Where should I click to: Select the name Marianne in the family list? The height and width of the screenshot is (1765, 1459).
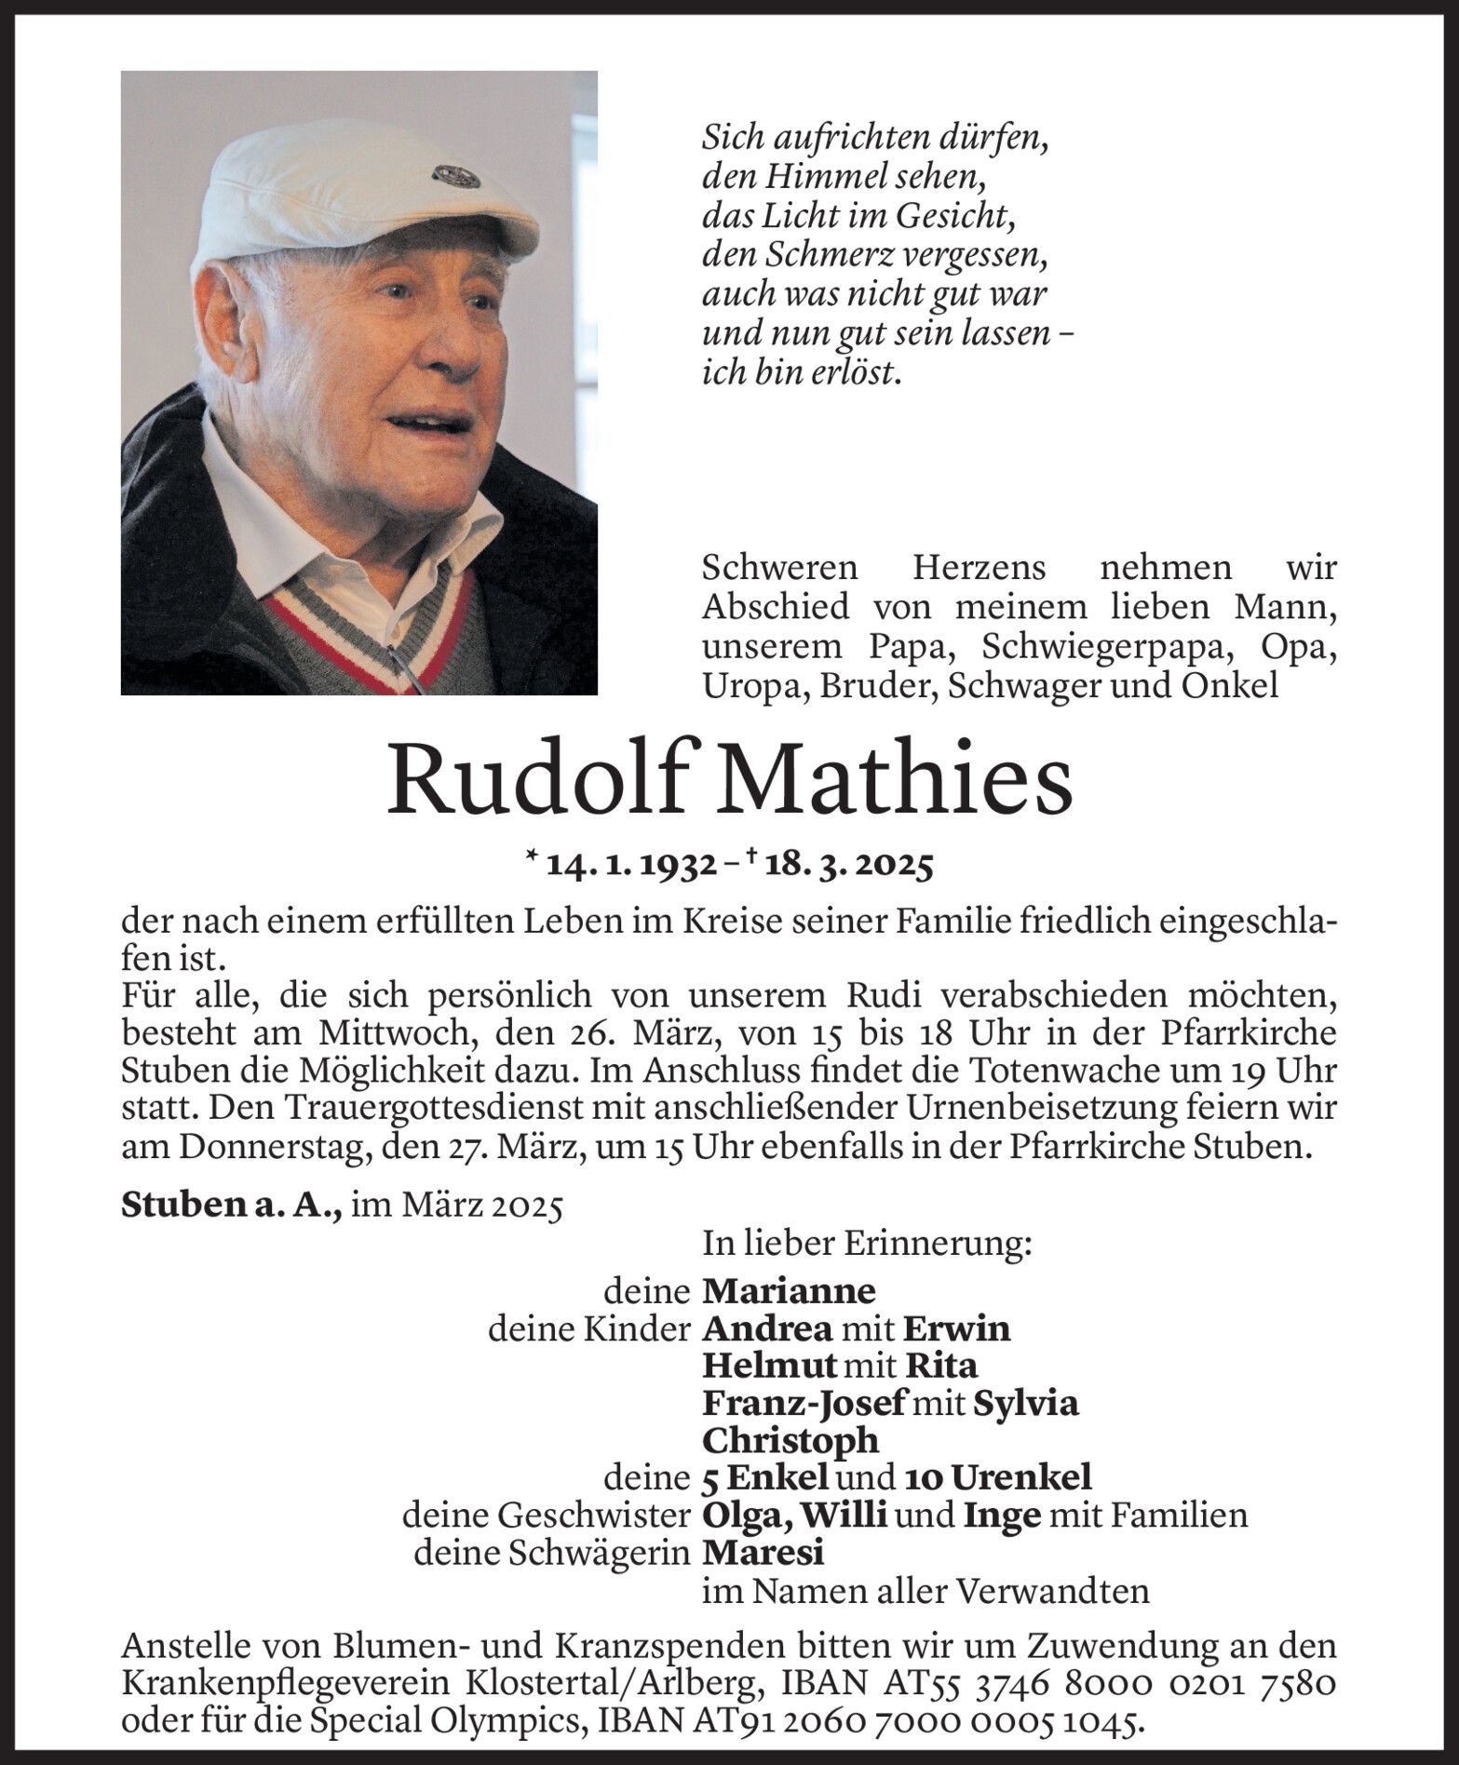pos(789,1291)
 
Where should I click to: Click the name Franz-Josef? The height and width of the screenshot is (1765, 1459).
pos(803,1403)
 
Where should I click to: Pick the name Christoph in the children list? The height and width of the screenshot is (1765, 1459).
pos(790,1440)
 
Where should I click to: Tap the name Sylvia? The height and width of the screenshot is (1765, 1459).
pos(1026,1403)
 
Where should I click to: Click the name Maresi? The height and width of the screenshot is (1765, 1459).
pos(763,1553)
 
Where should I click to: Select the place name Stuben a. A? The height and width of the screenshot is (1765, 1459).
pos(234,1207)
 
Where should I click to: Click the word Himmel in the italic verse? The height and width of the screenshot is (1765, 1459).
pos(806,176)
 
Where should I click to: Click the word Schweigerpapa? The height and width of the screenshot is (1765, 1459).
pos(1103,647)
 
